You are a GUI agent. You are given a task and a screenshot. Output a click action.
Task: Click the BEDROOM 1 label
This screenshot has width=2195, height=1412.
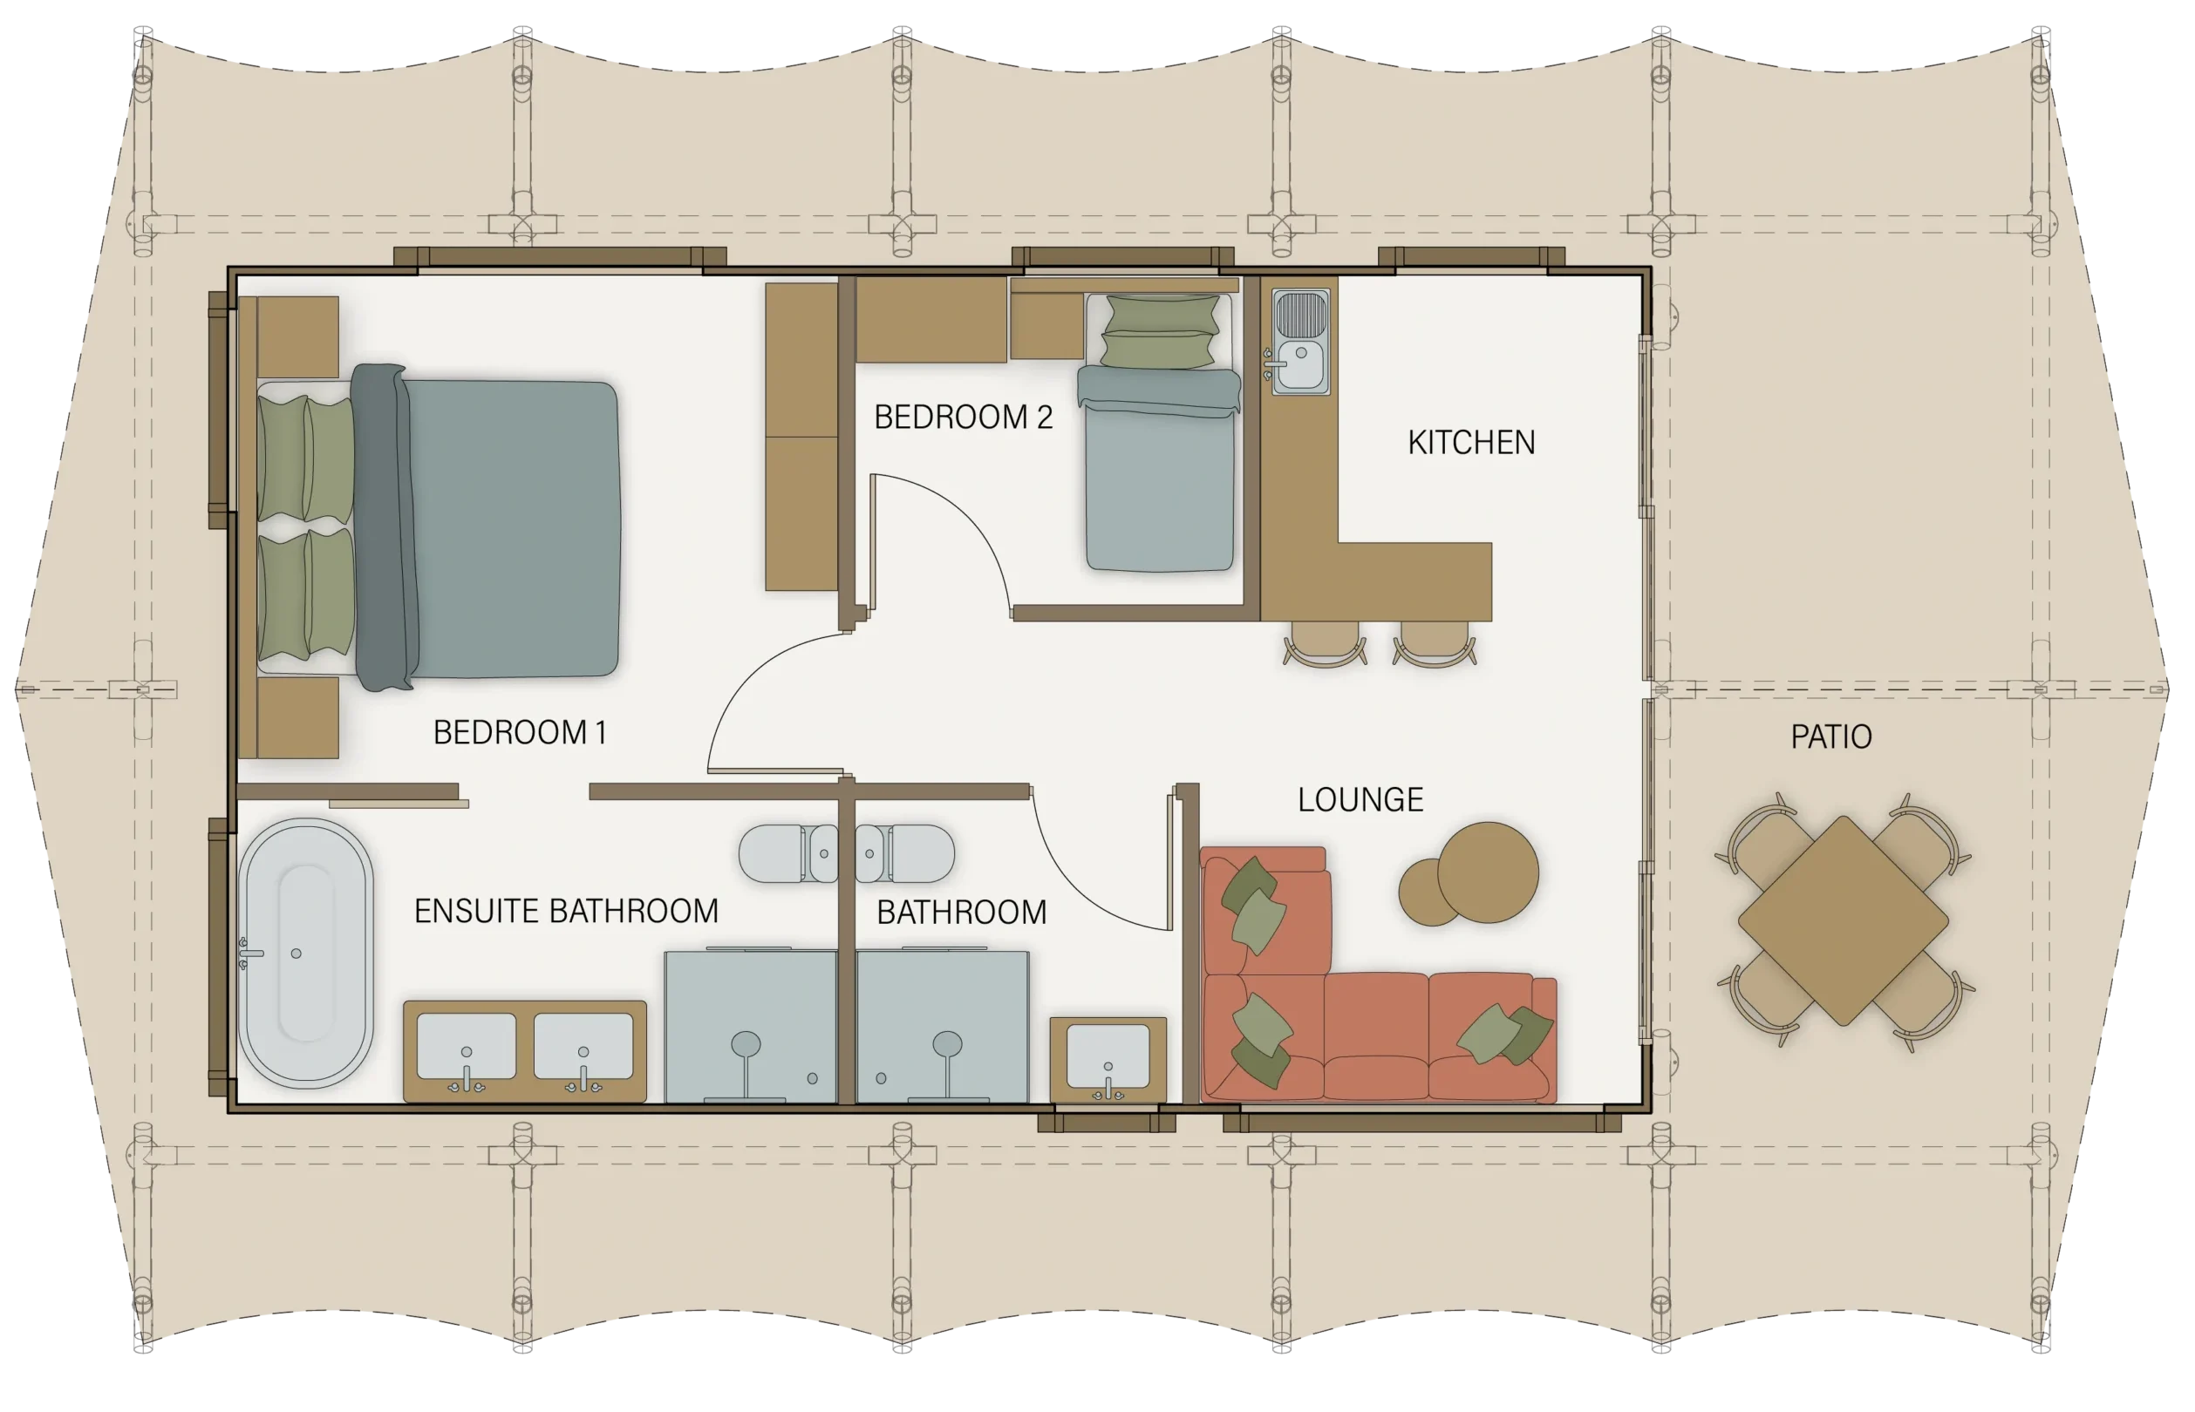click(x=519, y=733)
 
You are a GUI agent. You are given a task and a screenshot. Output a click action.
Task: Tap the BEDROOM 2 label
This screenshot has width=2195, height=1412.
click(x=963, y=417)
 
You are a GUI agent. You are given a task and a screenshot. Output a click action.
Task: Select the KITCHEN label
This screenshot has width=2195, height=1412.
click(x=1471, y=443)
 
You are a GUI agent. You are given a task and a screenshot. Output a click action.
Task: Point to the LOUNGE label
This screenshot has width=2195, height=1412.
click(x=1360, y=799)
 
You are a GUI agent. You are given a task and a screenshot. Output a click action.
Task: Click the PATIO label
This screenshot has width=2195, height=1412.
click(x=1830, y=737)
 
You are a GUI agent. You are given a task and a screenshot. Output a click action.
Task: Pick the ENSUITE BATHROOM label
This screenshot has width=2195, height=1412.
click(x=566, y=912)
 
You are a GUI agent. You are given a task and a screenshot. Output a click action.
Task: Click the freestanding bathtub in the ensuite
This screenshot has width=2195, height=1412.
click(x=305, y=954)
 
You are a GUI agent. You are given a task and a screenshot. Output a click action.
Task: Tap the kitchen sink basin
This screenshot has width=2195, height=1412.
click(x=1300, y=365)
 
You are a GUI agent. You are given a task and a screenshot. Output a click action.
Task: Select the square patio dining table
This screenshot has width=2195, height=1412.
click(x=1843, y=920)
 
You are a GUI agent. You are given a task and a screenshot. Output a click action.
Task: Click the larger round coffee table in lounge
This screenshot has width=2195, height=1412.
click(x=1487, y=872)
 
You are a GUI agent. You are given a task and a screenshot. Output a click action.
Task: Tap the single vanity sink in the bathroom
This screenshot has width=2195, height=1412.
click(x=1108, y=1059)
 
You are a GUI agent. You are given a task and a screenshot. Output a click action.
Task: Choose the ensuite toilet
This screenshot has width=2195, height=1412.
click(x=788, y=853)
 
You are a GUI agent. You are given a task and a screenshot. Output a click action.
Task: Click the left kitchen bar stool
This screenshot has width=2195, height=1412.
click(x=1325, y=643)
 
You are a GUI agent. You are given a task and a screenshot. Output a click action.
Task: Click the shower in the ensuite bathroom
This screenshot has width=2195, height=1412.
click(x=750, y=1026)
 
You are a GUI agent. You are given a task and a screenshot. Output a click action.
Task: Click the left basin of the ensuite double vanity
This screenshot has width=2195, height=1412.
click(x=466, y=1047)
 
